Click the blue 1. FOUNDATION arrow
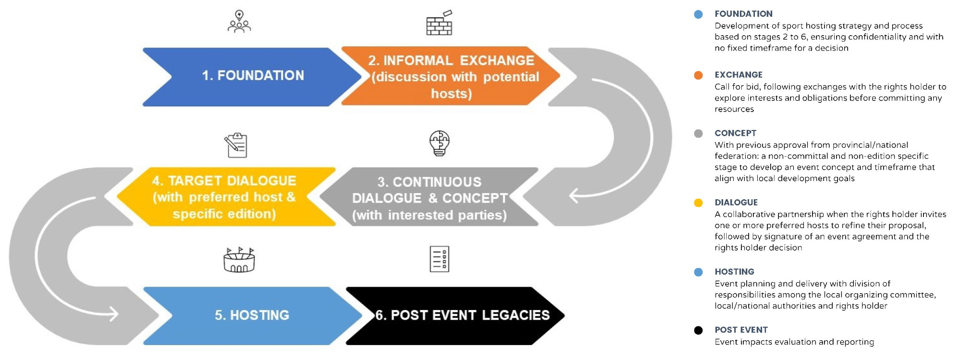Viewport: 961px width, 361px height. [x=252, y=77]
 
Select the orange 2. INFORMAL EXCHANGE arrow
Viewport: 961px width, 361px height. [x=451, y=76]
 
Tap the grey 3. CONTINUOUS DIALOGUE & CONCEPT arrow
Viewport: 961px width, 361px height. [x=429, y=197]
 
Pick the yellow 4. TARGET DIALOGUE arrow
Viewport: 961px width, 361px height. [x=226, y=197]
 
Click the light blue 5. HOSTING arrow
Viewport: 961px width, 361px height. [x=253, y=316]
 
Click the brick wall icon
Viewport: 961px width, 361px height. [x=440, y=23]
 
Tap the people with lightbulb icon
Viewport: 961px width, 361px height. [x=239, y=22]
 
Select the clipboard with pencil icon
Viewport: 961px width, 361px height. [x=236, y=145]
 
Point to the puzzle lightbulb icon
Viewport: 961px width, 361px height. [x=439, y=143]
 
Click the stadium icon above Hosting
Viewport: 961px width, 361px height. [x=239, y=260]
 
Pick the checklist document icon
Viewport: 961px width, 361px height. [x=439, y=259]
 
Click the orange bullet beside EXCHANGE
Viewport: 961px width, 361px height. [x=699, y=75]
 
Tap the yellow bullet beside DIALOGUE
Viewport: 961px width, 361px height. [x=699, y=203]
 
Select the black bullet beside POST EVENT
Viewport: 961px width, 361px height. [x=699, y=330]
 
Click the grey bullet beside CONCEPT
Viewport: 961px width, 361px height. [x=699, y=133]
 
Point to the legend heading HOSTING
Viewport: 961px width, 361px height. [x=734, y=272]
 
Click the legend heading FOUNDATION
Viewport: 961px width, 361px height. [x=743, y=14]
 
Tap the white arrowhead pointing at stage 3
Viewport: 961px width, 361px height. [x=574, y=196]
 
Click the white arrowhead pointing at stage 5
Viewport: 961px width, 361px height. [x=113, y=314]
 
